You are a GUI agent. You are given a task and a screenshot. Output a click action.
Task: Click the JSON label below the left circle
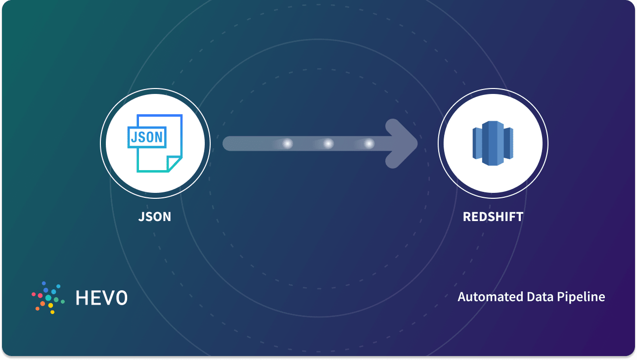click(155, 217)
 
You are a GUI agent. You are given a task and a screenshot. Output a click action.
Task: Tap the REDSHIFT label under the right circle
click(493, 217)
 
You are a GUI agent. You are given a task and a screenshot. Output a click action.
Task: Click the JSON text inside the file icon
click(147, 137)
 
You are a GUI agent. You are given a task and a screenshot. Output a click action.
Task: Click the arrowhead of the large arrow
click(403, 143)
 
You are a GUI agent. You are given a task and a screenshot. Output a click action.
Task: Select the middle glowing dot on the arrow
click(328, 143)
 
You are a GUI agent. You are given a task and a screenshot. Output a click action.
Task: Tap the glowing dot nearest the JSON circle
click(287, 143)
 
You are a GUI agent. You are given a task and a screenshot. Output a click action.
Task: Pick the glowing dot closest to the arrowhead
click(369, 143)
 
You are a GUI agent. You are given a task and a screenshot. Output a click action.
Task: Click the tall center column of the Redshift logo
click(493, 143)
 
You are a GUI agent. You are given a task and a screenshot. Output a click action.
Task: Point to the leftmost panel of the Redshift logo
click(477, 143)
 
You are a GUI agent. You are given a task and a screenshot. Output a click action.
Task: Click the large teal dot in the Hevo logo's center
click(48, 298)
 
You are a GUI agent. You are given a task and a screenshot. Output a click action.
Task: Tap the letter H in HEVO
click(82, 297)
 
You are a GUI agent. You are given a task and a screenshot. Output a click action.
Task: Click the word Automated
click(483, 297)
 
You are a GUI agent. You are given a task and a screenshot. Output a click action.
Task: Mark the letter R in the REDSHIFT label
click(467, 217)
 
